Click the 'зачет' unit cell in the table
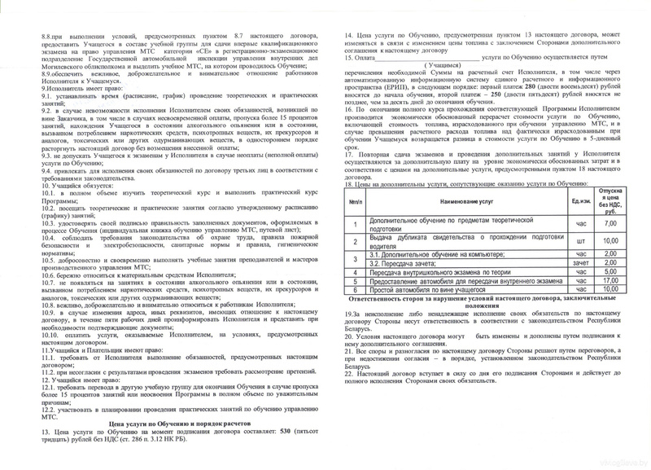(x=581, y=262)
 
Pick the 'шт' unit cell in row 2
(x=581, y=240)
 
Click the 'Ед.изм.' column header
(x=581, y=200)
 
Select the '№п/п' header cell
(x=356, y=200)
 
